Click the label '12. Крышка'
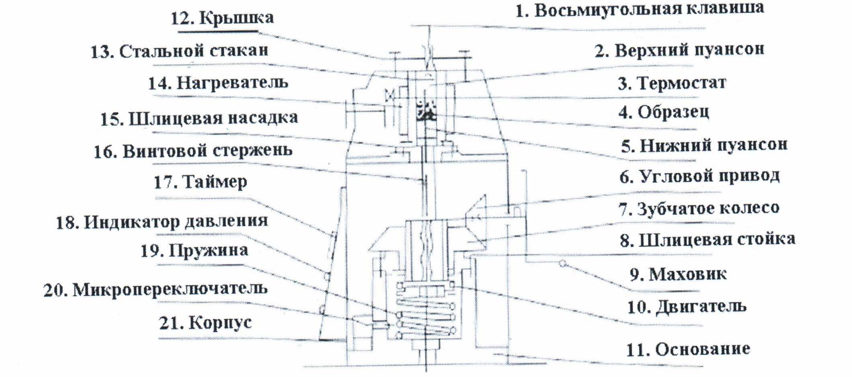tap(222, 18)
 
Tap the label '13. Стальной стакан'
tap(179, 51)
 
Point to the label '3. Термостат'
tap(672, 83)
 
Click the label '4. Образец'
tap(664, 112)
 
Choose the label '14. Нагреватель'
tap(218, 83)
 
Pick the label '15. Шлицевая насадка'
tap(199, 118)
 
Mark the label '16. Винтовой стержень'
tap(193, 151)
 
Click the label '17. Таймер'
tap(201, 182)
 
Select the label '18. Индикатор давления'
tap(162, 221)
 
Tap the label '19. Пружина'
tap(194, 251)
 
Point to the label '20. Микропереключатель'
tap(155, 289)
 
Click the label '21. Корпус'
tap(205, 322)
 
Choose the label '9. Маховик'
tap(678, 274)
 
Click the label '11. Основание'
tap(688, 349)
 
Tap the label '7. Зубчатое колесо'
tap(698, 208)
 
